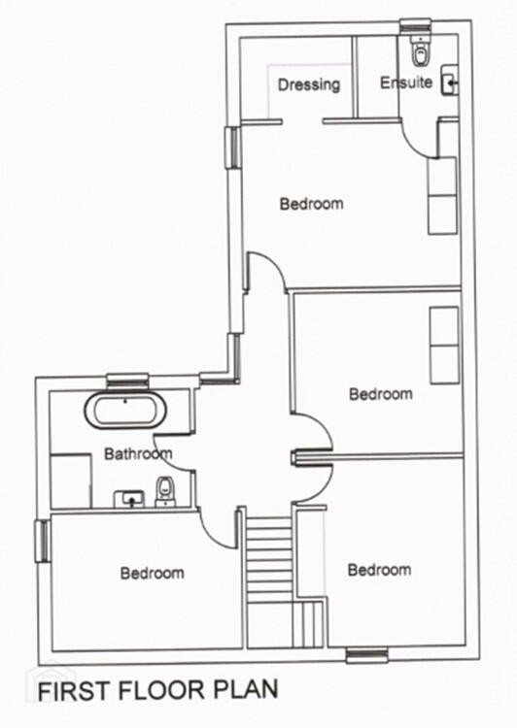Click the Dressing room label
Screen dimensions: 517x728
309,85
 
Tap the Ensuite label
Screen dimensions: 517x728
406,83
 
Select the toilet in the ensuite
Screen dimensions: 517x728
420,51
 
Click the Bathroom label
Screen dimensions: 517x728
138,453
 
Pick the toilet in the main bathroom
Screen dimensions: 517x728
164,492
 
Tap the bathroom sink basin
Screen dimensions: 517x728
129,499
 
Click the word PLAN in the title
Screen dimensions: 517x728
246,689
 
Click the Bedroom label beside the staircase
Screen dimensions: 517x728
379,570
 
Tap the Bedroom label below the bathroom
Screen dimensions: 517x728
152,573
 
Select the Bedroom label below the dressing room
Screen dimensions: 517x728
312,204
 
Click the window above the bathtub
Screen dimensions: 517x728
127,381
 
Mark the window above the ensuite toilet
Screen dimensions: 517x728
416,25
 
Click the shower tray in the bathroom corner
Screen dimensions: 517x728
71,480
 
